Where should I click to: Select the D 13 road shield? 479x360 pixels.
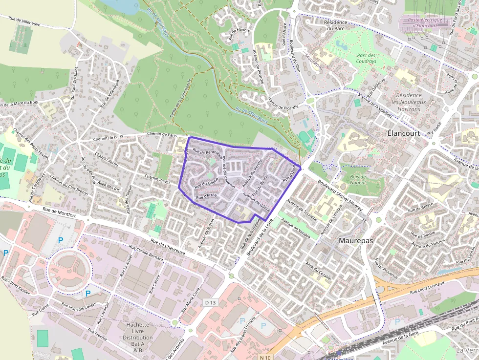coord(210,303)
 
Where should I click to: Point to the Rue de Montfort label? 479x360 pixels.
coord(59,212)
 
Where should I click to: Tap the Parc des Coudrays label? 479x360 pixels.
coord(367,59)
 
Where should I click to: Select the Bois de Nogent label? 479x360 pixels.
coord(358,179)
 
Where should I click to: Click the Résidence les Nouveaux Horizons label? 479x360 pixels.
coord(409,102)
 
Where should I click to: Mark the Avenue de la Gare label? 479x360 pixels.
coord(401,340)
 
